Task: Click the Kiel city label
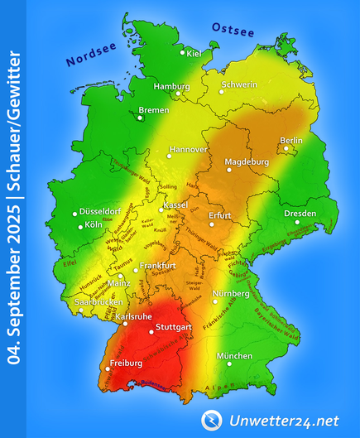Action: (x=195, y=55)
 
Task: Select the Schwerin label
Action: (x=240, y=84)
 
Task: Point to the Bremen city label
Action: (x=153, y=110)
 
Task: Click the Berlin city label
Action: (x=291, y=141)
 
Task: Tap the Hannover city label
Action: (x=187, y=150)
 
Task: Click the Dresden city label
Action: (x=300, y=213)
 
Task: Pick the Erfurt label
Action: (x=220, y=215)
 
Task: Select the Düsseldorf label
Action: (x=102, y=211)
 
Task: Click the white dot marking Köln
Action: (x=80, y=226)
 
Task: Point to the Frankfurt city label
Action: (x=157, y=266)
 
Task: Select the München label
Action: (x=234, y=356)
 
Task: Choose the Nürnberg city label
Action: (x=231, y=294)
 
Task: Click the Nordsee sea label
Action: (x=91, y=55)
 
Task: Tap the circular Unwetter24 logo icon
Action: (x=212, y=420)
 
